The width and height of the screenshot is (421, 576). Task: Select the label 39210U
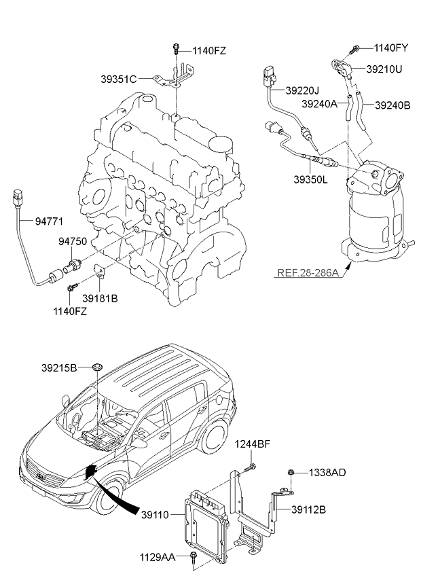[x=385, y=69]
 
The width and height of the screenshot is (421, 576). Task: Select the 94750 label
[x=73, y=241]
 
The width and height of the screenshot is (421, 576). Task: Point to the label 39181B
[x=100, y=297]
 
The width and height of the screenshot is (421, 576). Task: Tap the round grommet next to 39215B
[x=97, y=367]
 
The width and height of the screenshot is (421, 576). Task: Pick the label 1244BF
[x=253, y=444]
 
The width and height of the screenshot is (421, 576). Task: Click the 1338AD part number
[x=327, y=472]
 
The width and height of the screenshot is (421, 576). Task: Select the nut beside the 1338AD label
[x=290, y=472]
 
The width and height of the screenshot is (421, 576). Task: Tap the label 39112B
[x=310, y=509]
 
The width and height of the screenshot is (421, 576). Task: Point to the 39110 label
[x=155, y=516]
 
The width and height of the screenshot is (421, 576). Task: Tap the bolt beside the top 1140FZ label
[x=175, y=48]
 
